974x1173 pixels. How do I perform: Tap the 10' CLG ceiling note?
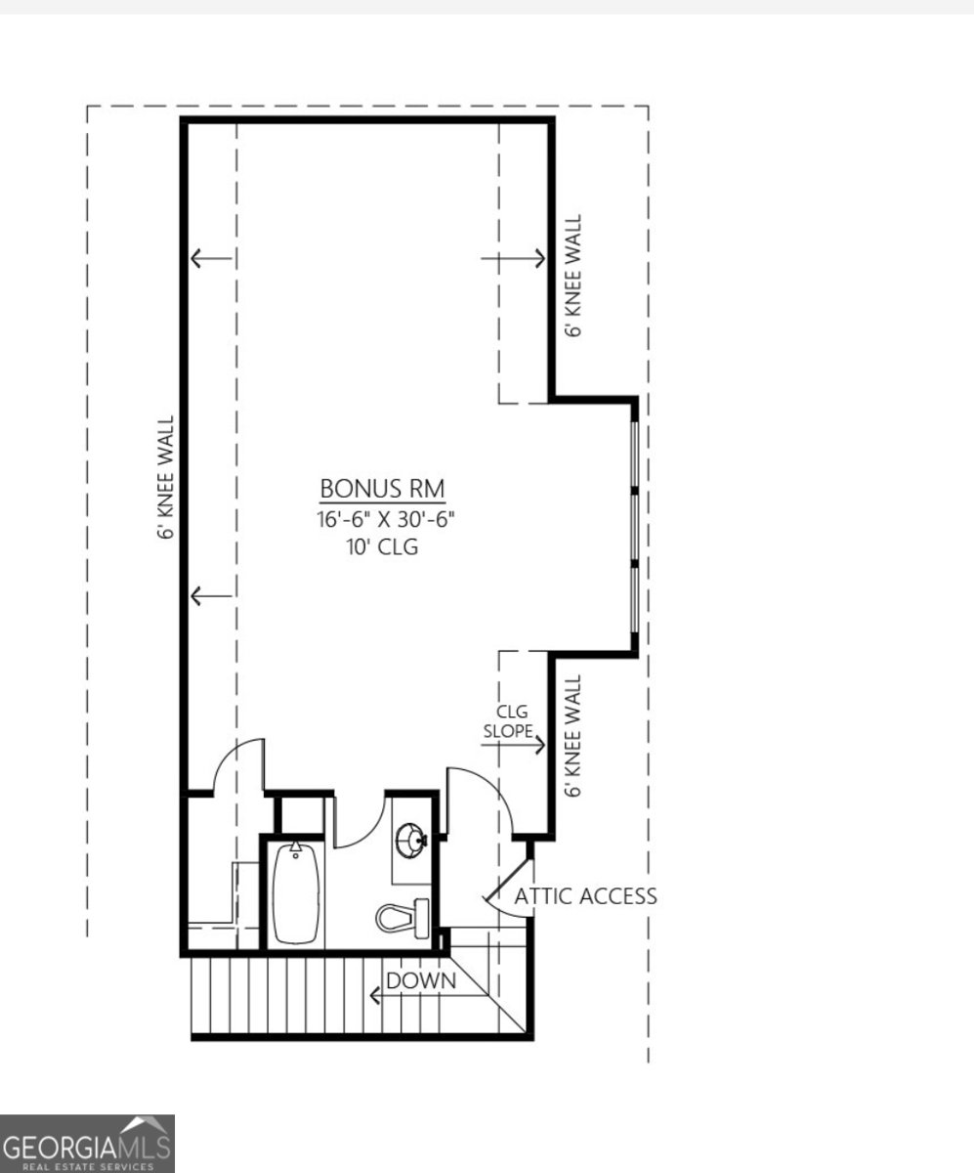(x=382, y=547)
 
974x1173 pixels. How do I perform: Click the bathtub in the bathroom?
(x=295, y=893)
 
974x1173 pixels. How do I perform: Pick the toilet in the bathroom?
(x=402, y=917)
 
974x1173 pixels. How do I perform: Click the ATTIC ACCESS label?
(x=585, y=896)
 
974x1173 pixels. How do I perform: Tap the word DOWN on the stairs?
(x=421, y=980)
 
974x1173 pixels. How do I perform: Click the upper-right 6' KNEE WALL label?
(x=575, y=277)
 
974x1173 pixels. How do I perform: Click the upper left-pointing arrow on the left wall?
(x=210, y=259)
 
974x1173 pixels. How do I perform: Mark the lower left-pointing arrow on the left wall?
(x=210, y=595)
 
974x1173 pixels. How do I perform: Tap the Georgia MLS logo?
(x=87, y=1145)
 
